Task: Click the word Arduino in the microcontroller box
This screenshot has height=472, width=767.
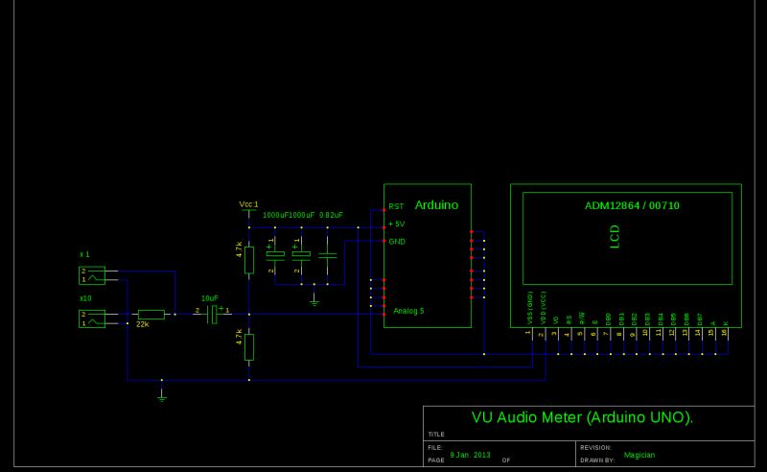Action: (436, 205)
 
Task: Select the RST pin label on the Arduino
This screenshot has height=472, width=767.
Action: (395, 207)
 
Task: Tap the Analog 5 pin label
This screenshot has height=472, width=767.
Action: (408, 311)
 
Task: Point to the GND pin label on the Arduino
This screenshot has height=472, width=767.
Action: (396, 241)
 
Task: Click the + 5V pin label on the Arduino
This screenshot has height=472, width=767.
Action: (396, 224)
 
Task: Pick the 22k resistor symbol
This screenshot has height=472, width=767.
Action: (151, 314)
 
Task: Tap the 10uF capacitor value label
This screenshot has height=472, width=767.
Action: (210, 298)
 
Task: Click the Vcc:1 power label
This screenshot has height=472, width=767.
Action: (248, 204)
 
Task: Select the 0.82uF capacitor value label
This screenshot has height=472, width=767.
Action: (332, 215)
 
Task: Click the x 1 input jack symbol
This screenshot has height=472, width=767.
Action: (92, 276)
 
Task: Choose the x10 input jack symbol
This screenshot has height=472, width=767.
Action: (92, 319)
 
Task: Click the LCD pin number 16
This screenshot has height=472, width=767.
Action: (724, 332)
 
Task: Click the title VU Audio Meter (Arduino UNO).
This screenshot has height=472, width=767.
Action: (582, 418)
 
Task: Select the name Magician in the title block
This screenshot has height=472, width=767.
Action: (639, 455)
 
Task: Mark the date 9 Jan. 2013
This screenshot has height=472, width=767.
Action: (470, 454)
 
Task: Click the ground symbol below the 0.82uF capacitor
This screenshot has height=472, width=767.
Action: (314, 300)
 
